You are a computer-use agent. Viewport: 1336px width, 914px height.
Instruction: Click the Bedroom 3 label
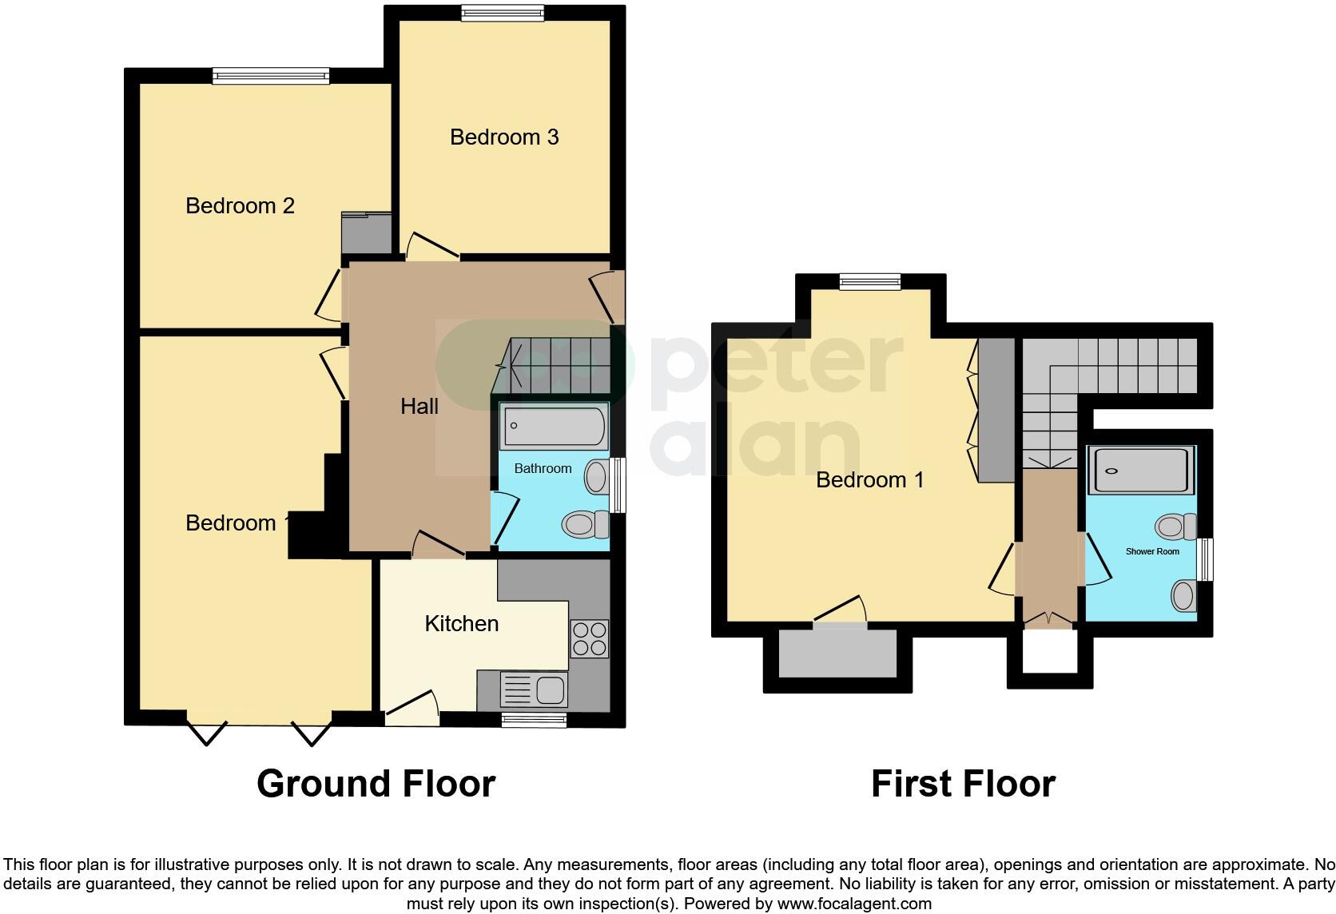(504, 137)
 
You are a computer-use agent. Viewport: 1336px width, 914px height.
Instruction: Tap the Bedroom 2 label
(240, 206)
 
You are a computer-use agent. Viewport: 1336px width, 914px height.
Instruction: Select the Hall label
(419, 407)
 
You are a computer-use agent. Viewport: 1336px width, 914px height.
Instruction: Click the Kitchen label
(461, 623)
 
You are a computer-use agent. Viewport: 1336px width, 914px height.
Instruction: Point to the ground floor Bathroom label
(543, 469)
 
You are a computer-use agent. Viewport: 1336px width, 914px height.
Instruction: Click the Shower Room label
(1152, 551)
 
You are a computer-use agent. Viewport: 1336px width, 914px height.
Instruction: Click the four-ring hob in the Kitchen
(589, 638)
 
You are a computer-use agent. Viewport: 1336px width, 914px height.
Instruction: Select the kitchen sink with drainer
(533, 689)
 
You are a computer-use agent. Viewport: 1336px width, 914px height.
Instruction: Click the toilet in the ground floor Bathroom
(585, 525)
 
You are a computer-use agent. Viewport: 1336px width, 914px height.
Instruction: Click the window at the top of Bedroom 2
(271, 76)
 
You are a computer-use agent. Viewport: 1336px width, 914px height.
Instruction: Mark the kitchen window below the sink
(534, 721)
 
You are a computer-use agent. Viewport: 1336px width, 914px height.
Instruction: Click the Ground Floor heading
(376, 784)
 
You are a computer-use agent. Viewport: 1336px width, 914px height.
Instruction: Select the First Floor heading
(963, 784)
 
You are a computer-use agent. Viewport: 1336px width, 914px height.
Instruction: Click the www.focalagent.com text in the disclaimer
(853, 904)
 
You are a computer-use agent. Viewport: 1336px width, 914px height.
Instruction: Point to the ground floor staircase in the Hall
(559, 366)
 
